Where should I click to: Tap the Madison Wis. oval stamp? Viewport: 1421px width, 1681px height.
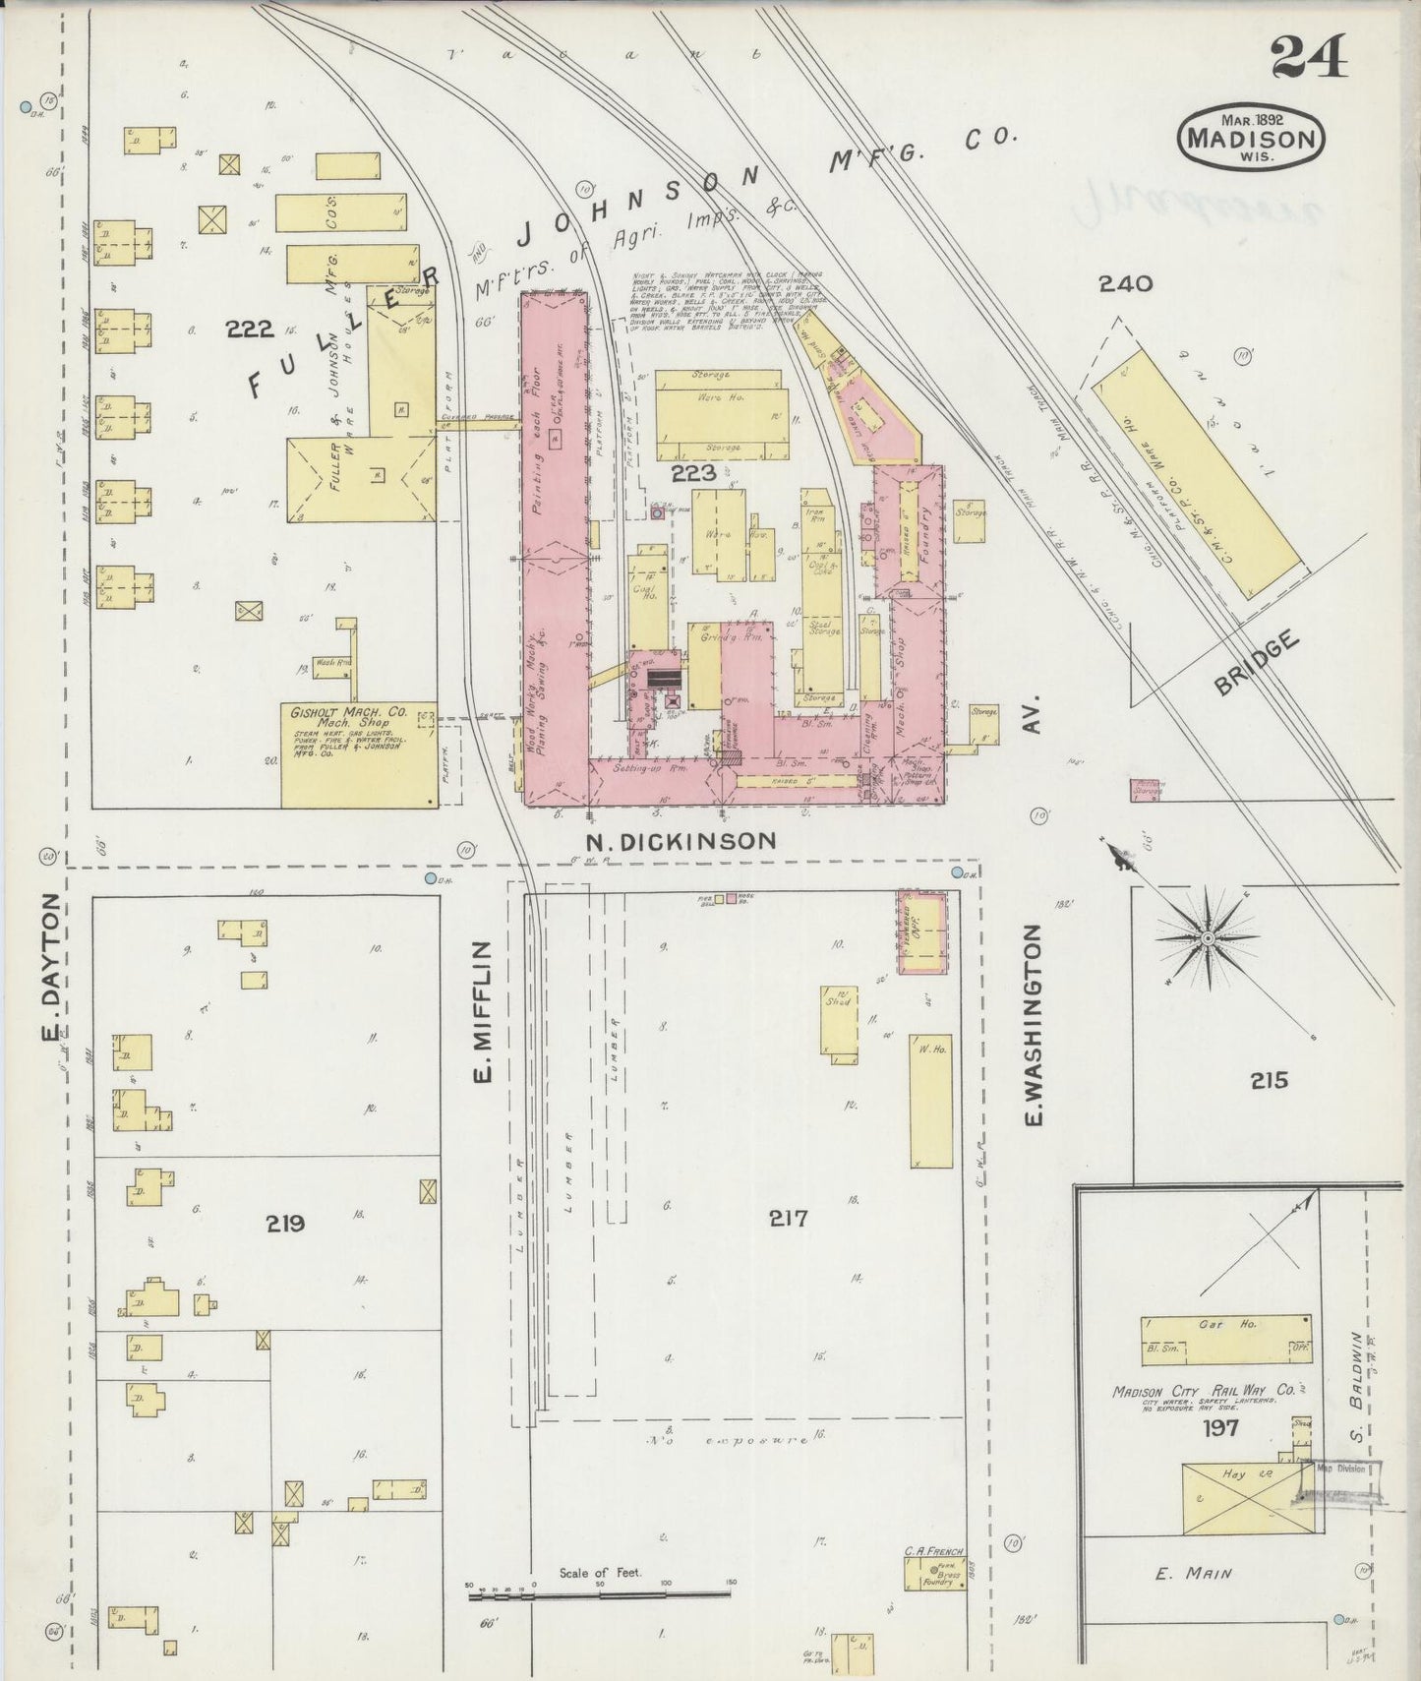tap(1251, 138)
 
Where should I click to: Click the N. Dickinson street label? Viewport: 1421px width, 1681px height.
tap(681, 841)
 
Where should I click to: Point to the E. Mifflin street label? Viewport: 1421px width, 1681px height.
tap(482, 1012)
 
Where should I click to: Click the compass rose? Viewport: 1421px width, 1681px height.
tap(1207, 939)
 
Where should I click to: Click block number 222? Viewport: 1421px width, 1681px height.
tap(249, 330)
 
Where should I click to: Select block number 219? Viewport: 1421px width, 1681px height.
tap(284, 1224)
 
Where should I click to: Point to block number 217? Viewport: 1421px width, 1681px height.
tap(788, 1219)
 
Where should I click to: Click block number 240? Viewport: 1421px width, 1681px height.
tap(1125, 284)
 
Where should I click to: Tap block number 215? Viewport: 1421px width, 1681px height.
tap(1269, 1080)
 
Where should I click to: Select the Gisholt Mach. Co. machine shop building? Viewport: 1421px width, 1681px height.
tap(359, 755)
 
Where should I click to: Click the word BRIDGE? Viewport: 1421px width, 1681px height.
tap(1258, 666)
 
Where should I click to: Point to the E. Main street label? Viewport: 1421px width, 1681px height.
tap(1193, 1574)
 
